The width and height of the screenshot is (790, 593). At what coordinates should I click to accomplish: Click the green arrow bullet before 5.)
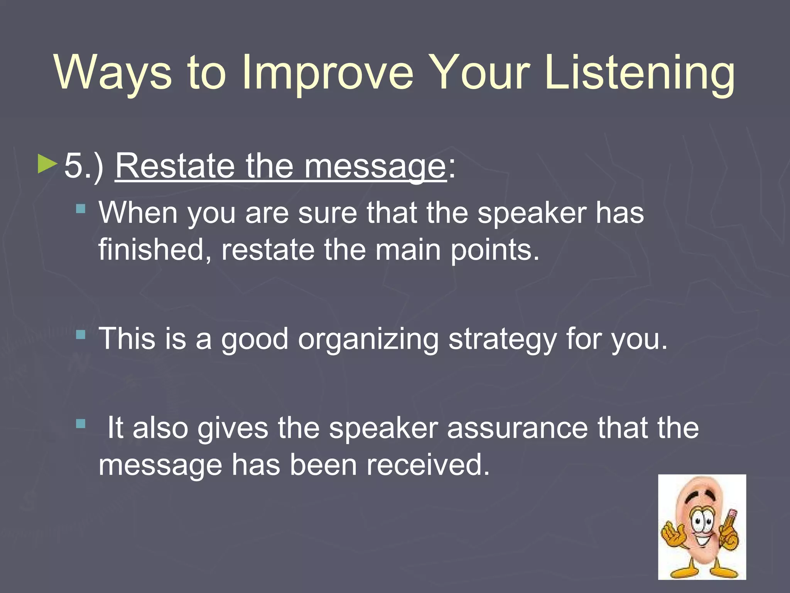[47, 164]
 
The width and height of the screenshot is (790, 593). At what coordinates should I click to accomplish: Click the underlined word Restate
[176, 166]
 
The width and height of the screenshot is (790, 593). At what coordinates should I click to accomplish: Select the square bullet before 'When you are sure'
[81, 209]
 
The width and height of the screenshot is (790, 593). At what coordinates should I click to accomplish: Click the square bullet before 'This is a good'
[81, 334]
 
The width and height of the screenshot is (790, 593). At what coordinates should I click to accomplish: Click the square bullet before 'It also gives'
[81, 424]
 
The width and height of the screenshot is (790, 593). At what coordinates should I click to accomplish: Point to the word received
[428, 464]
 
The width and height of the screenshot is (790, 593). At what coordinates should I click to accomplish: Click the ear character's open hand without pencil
[671, 535]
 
